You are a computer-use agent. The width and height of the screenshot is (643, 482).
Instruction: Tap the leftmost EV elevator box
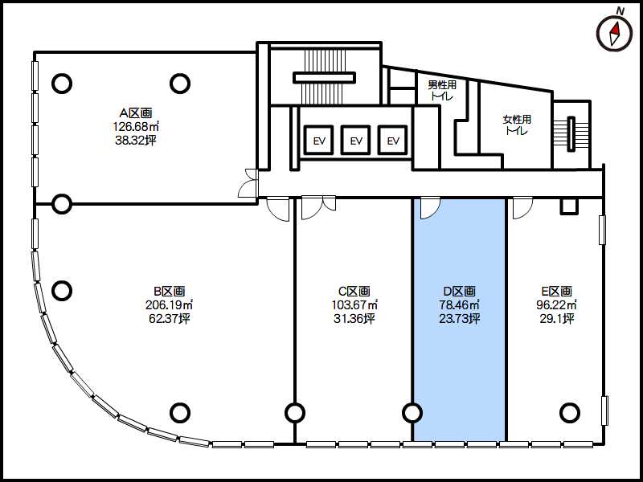[x=319, y=140]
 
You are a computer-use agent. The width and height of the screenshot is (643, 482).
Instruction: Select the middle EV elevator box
[x=356, y=140]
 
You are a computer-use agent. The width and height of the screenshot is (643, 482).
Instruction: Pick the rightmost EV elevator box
[x=393, y=140]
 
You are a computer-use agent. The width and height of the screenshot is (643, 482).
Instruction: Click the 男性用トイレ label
[x=442, y=91]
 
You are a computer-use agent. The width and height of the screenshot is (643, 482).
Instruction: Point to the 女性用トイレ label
[x=517, y=125]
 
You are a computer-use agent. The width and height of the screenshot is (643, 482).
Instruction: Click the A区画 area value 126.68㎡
[x=136, y=126]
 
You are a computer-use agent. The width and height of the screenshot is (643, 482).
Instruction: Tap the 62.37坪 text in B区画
[x=170, y=319]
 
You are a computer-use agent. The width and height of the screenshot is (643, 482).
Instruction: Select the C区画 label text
[x=354, y=291]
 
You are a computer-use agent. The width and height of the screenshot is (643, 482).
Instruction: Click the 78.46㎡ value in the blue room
[x=459, y=305]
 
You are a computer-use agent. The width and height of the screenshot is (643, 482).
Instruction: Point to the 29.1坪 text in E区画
[x=557, y=319]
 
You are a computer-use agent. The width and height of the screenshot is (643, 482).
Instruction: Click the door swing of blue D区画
[x=430, y=208]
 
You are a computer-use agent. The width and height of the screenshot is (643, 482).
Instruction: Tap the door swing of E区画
[x=523, y=208]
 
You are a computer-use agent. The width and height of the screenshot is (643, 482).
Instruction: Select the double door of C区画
[x=318, y=208]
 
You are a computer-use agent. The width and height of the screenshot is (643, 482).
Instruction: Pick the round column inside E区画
[x=570, y=413]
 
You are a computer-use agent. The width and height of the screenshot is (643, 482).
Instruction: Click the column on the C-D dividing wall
[x=412, y=413]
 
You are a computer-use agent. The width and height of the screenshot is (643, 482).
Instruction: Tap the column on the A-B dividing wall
[x=62, y=203]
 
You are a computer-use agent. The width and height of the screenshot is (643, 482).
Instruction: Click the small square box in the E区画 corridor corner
[x=569, y=206]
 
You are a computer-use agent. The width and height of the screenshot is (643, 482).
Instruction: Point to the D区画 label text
[x=460, y=291]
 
